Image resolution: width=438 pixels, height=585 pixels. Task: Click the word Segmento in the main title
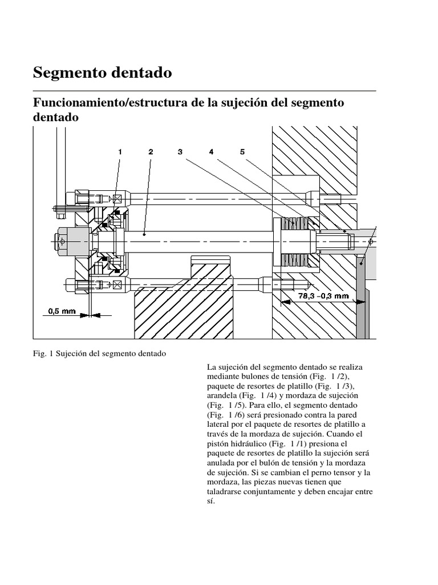[x=69, y=73]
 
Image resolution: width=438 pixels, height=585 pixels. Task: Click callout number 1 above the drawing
[x=120, y=152]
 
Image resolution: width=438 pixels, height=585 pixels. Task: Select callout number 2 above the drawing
[x=151, y=152]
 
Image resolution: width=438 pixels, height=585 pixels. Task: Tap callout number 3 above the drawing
[x=180, y=152]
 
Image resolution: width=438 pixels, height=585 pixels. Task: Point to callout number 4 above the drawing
[x=211, y=152]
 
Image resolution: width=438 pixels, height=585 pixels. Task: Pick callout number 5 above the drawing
[x=242, y=152]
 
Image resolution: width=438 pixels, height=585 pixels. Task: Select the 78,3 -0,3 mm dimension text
[x=323, y=296]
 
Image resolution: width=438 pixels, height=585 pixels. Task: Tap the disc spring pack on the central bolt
[x=297, y=242]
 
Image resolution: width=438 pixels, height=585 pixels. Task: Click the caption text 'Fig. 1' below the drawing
[x=43, y=354]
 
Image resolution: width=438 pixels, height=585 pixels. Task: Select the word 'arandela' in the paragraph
[x=220, y=395]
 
